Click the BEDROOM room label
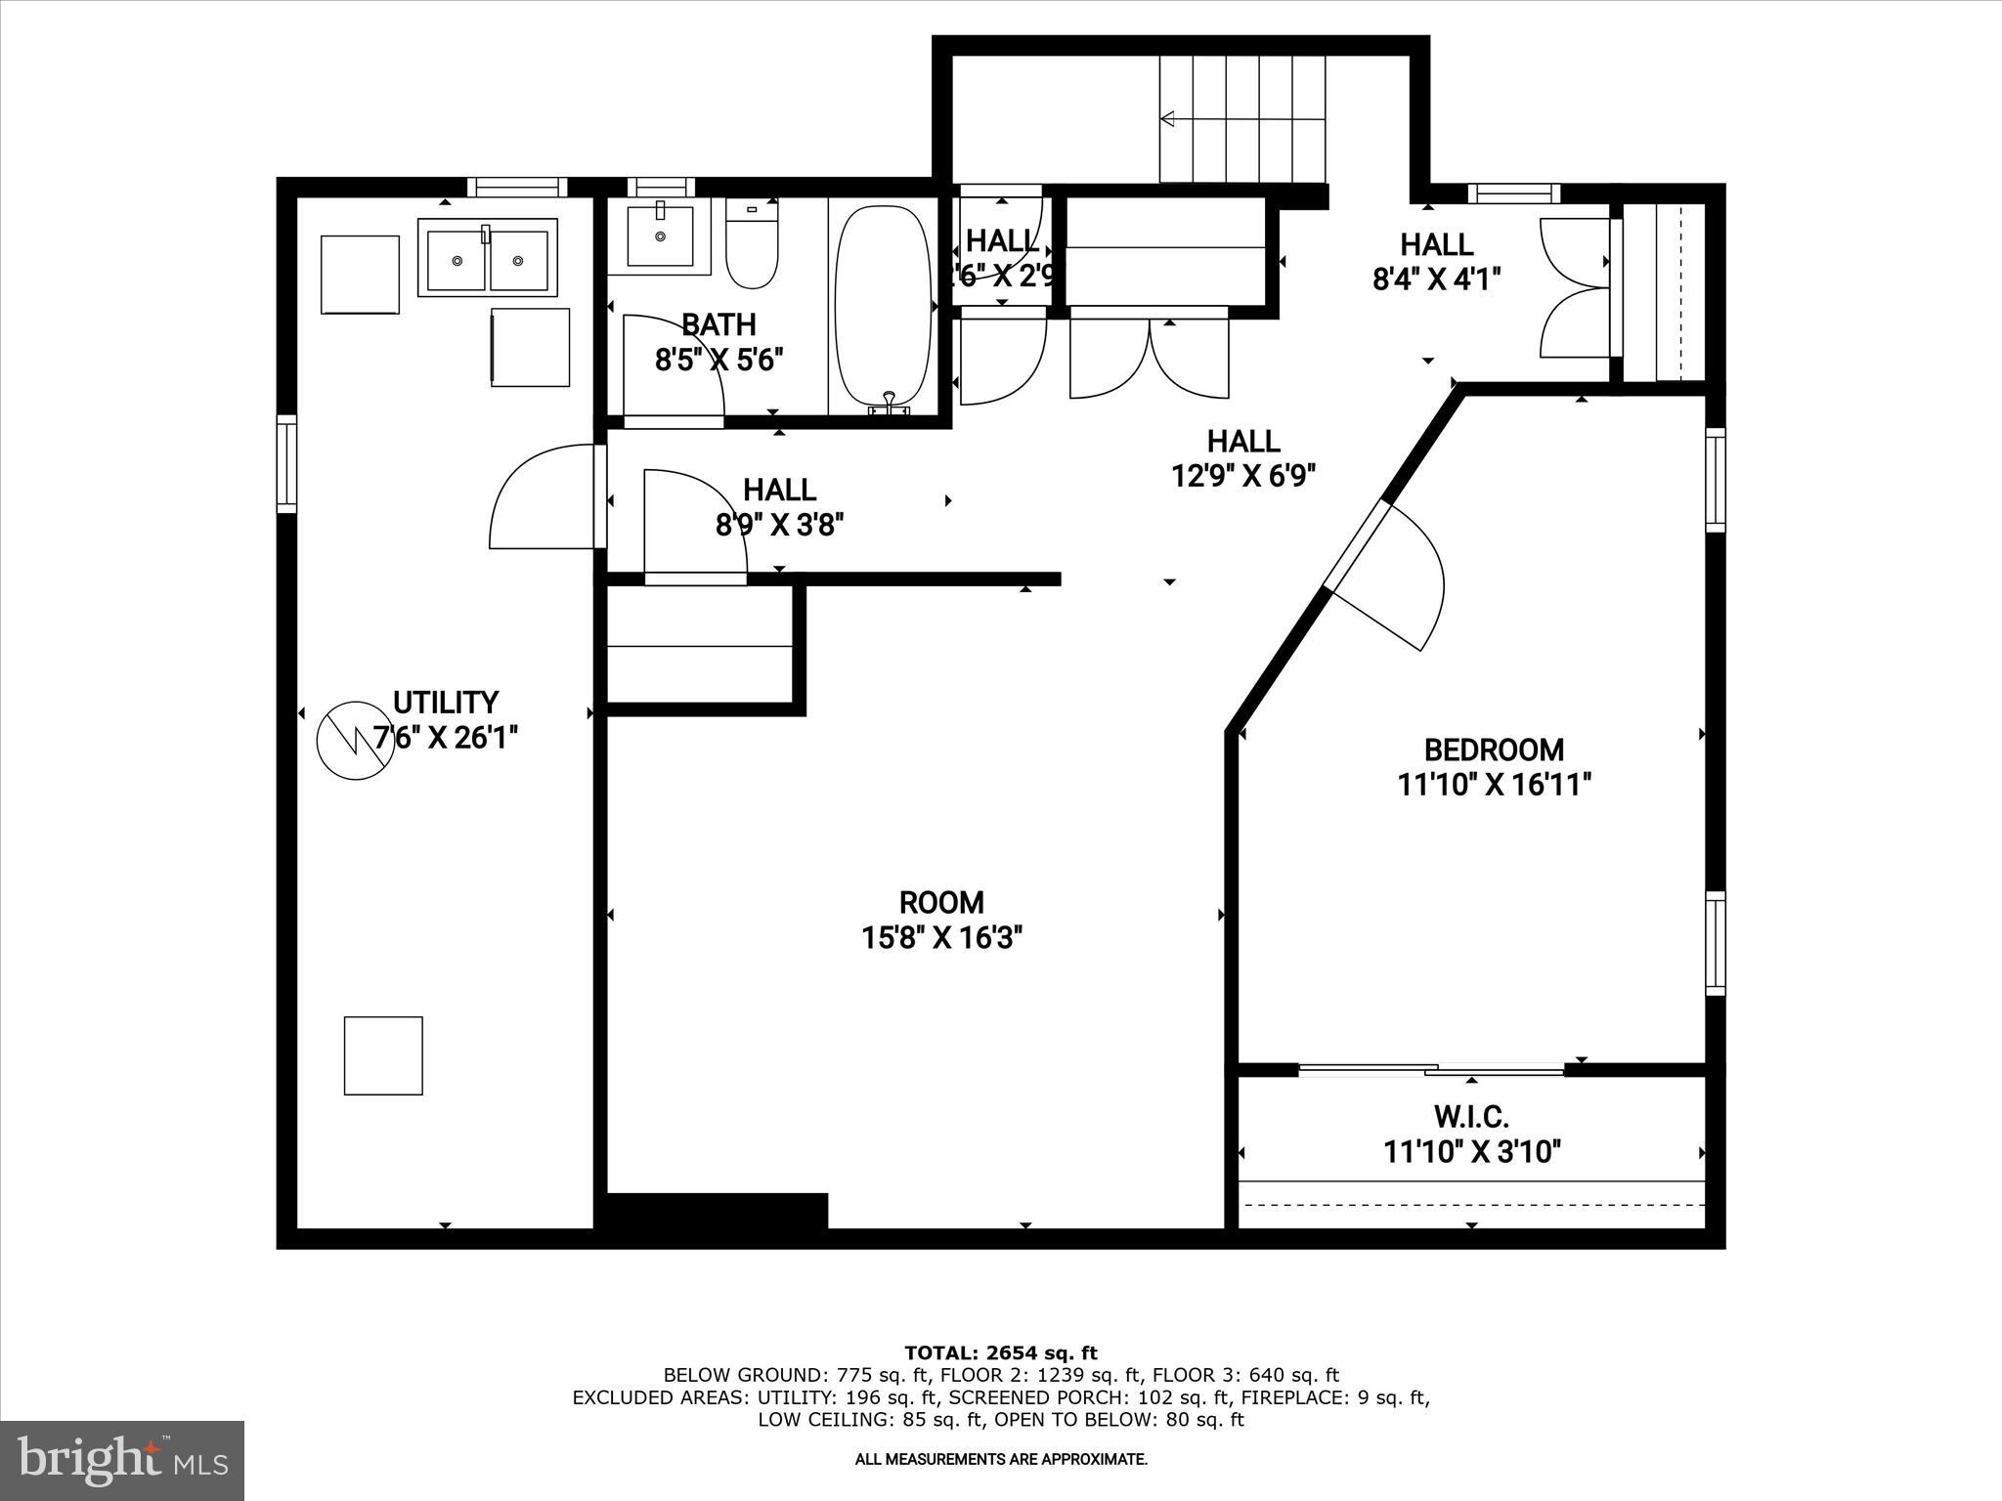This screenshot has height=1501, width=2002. tap(1494, 750)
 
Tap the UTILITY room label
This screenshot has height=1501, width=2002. tap(446, 702)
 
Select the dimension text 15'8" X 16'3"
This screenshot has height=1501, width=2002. tap(941, 938)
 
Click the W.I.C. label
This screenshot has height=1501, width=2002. tap(1472, 1116)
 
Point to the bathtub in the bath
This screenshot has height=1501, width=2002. tap(883, 305)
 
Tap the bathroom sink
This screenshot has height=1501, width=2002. tap(660, 236)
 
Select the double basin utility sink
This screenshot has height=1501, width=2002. tap(487, 259)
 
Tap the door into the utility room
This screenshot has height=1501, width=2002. tap(545, 496)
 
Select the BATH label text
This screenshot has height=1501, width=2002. tap(718, 323)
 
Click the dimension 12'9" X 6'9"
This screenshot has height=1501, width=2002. tap(1243, 476)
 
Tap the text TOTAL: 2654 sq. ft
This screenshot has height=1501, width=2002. tap(1001, 1352)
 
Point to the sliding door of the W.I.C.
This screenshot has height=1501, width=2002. tap(1432, 1070)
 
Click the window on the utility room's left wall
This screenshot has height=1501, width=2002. tap(286, 463)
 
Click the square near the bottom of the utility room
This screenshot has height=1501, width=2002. tap(383, 1055)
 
